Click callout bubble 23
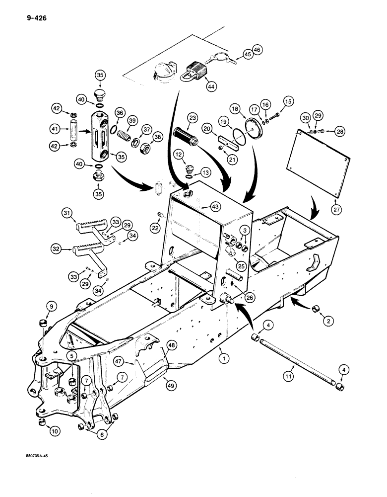pos(192,118)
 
